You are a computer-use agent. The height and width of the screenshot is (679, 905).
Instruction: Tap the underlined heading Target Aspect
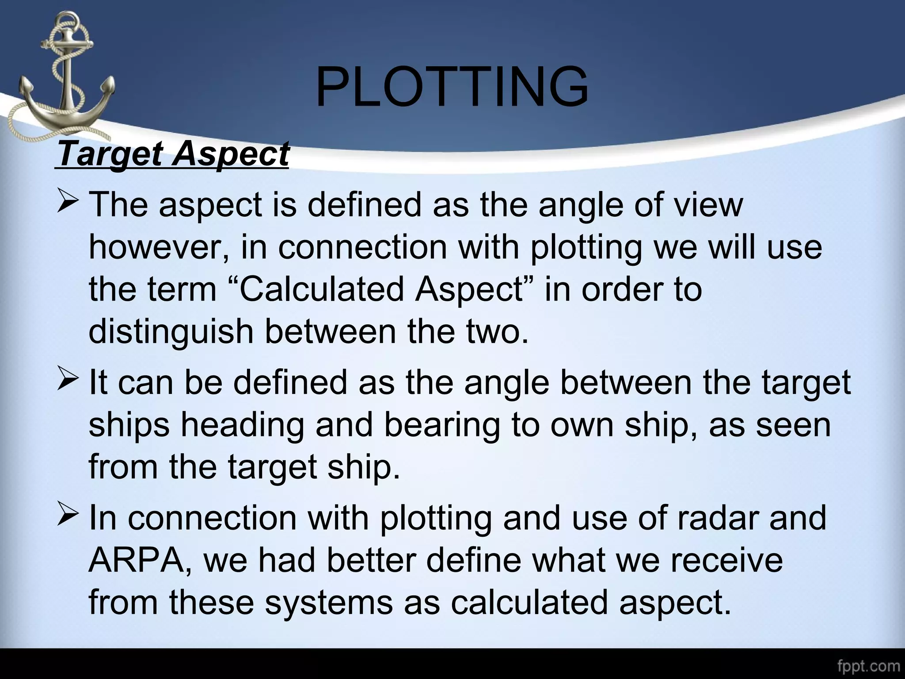tap(173, 154)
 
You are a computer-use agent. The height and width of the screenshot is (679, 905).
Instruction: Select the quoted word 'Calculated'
tap(321, 290)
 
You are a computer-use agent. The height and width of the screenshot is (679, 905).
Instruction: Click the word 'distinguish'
tap(171, 332)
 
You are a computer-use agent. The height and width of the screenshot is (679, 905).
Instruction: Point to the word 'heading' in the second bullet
tap(243, 425)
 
